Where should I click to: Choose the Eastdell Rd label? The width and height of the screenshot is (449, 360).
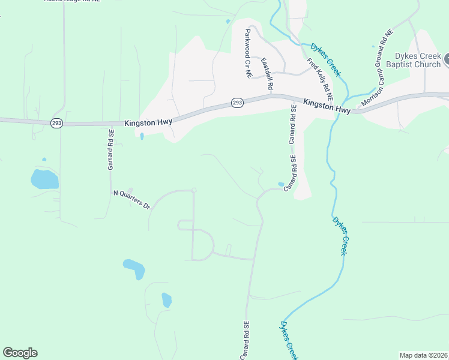(267, 74)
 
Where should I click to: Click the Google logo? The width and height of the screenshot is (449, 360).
(20, 353)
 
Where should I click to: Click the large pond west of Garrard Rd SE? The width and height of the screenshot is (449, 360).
(44, 179)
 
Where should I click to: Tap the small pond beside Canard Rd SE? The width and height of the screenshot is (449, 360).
(281, 184)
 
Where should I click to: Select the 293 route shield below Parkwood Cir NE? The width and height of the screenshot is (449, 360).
(237, 103)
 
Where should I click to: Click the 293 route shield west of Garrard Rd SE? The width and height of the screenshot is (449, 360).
(57, 122)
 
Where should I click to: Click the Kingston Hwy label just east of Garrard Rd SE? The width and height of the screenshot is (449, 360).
(149, 122)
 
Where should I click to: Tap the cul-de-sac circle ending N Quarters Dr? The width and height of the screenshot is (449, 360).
(193, 190)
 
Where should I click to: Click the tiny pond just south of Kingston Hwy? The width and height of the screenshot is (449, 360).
(142, 136)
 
